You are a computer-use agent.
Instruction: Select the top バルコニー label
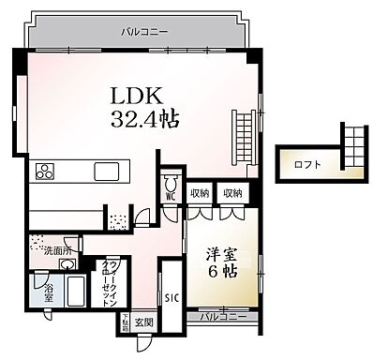(x=145, y=32)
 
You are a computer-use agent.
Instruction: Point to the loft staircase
(x=351, y=150)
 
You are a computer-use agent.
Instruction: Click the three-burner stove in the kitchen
(x=46, y=171)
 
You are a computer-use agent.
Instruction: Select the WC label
(x=172, y=198)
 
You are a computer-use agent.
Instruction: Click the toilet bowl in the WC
(x=172, y=182)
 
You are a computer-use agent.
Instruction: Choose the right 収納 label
(x=231, y=192)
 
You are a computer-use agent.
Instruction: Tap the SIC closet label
(x=172, y=298)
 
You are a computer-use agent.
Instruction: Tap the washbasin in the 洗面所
(x=38, y=241)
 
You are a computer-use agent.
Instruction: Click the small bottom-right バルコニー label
(x=228, y=317)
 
